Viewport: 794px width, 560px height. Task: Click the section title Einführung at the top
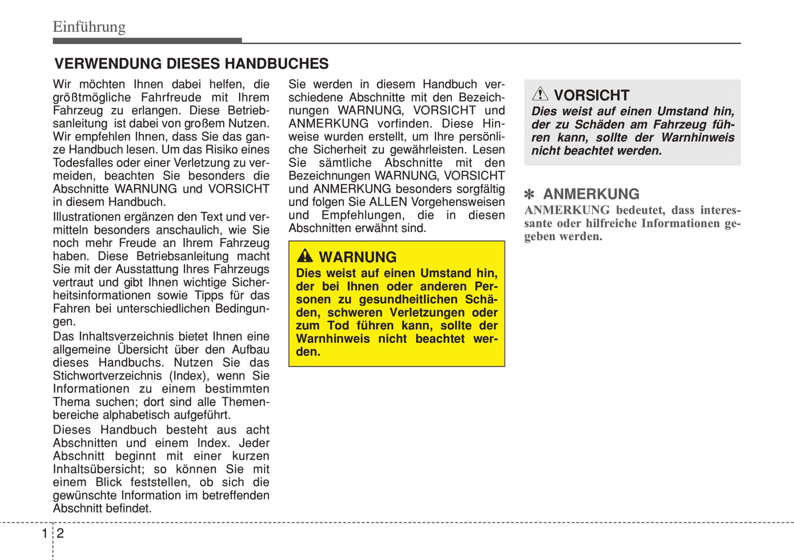[x=89, y=27]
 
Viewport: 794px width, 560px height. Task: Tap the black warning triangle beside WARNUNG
[x=305, y=256]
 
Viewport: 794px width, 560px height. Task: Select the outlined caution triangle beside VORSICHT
[x=540, y=94]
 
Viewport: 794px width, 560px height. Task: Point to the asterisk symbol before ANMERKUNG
[x=529, y=195]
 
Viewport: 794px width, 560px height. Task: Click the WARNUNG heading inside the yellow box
[x=358, y=257]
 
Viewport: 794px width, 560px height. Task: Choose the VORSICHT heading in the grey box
[x=591, y=95]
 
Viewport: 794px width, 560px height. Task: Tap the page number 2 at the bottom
[x=60, y=533]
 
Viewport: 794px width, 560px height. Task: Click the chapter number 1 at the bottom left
[x=45, y=533]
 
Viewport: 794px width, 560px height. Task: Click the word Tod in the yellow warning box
[x=338, y=325]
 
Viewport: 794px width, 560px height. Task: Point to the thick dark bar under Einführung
[x=147, y=41]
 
